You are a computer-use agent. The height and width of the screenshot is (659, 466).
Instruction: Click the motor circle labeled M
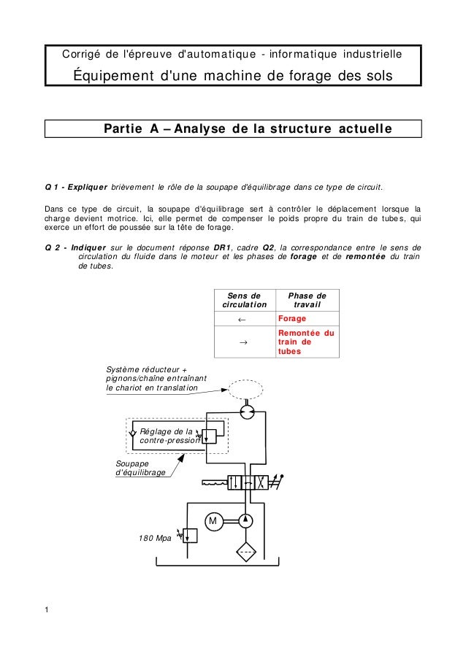213,521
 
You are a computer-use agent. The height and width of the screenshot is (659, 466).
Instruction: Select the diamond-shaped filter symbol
246,552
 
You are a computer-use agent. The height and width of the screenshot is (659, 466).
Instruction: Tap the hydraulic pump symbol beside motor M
246,521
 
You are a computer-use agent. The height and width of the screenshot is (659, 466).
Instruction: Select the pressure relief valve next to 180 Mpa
191,535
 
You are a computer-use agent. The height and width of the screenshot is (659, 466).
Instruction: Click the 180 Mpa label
154,539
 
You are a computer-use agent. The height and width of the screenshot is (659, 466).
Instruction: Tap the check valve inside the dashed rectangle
132,433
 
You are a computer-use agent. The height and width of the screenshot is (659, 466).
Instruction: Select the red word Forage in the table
291,319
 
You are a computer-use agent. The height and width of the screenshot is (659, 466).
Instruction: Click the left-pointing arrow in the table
242,320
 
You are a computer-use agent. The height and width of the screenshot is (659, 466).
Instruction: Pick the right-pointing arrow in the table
242,342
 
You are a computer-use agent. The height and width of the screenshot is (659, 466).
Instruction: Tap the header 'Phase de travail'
307,299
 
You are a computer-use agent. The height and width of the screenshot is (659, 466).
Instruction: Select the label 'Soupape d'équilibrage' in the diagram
140,469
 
